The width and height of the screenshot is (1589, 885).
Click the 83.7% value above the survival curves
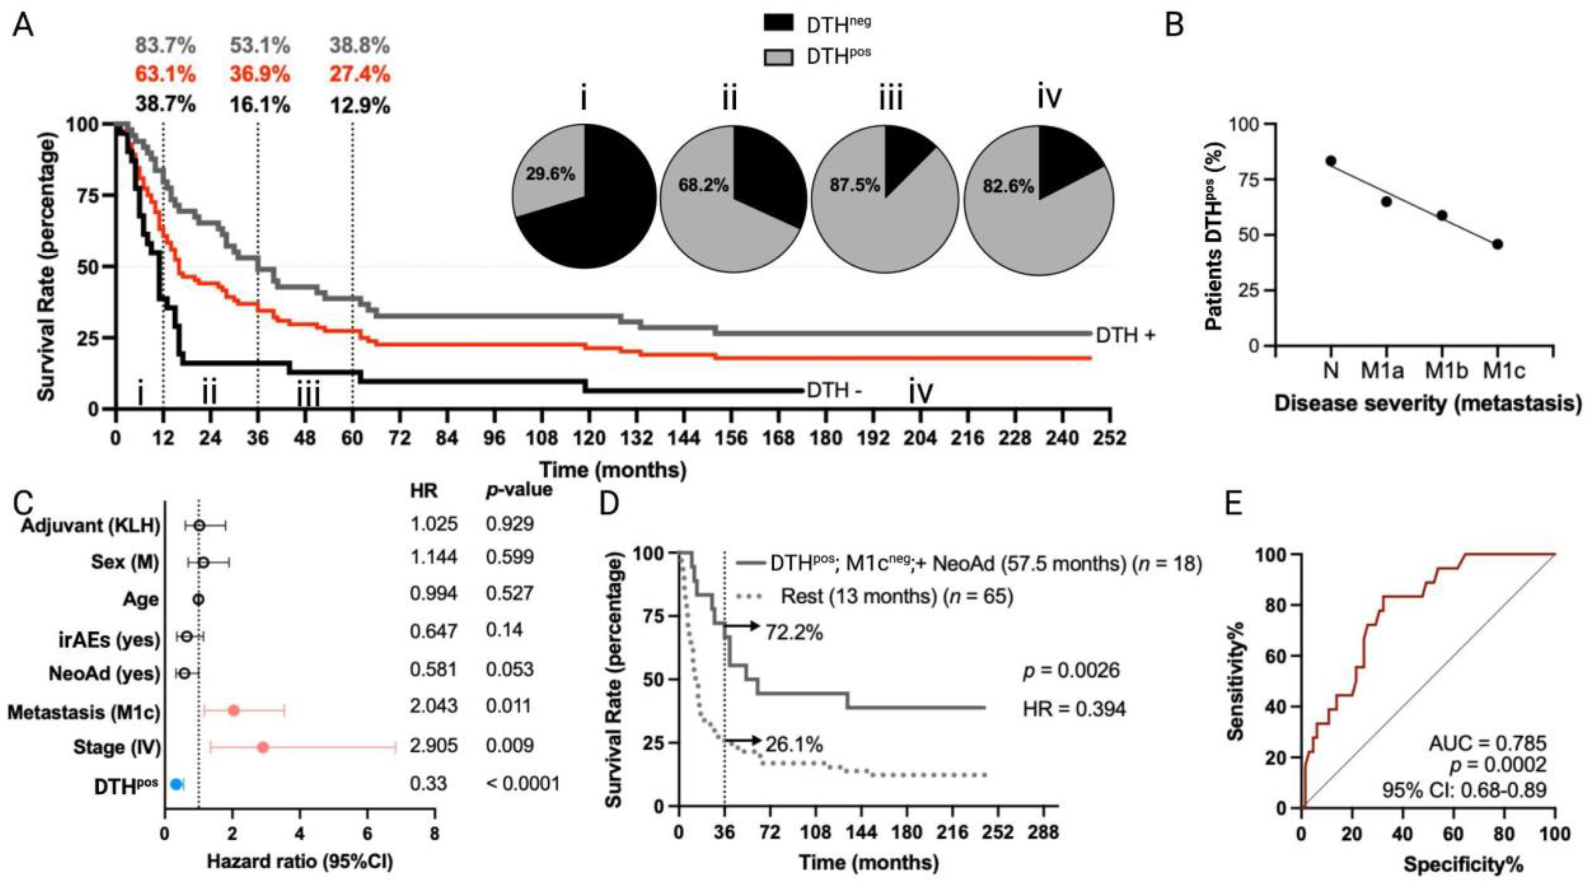pyautogui.click(x=165, y=46)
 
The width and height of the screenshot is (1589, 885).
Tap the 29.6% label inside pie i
pyautogui.click(x=550, y=175)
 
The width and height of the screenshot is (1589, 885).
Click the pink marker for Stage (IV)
pyautogui.click(x=263, y=747)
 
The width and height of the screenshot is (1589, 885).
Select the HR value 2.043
pyautogui.click(x=434, y=705)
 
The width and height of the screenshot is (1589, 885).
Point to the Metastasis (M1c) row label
pyautogui.click(x=83, y=713)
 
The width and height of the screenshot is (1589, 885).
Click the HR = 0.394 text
pyautogui.click(x=1074, y=709)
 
